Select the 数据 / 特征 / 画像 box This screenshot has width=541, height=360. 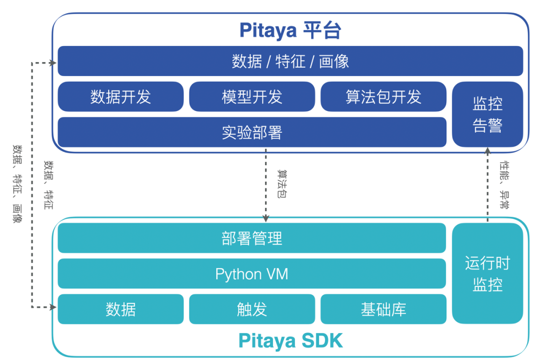[x=290, y=61]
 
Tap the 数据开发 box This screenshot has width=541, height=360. [x=121, y=96]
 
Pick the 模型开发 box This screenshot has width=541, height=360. [x=252, y=96]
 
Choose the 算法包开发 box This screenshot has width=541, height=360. [x=383, y=96]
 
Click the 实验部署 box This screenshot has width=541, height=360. [x=252, y=132]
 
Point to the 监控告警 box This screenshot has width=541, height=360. [x=487, y=114]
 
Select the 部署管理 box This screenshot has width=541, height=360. [x=252, y=238]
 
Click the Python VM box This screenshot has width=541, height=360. [x=252, y=274]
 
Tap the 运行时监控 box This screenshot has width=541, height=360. [x=487, y=273]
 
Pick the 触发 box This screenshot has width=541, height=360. [x=252, y=309]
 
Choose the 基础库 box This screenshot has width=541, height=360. [x=383, y=309]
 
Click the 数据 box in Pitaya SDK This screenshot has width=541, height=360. [x=121, y=309]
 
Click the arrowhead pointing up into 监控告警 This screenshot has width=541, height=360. [x=487, y=150]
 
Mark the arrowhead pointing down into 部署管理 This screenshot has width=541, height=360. [x=266, y=219]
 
